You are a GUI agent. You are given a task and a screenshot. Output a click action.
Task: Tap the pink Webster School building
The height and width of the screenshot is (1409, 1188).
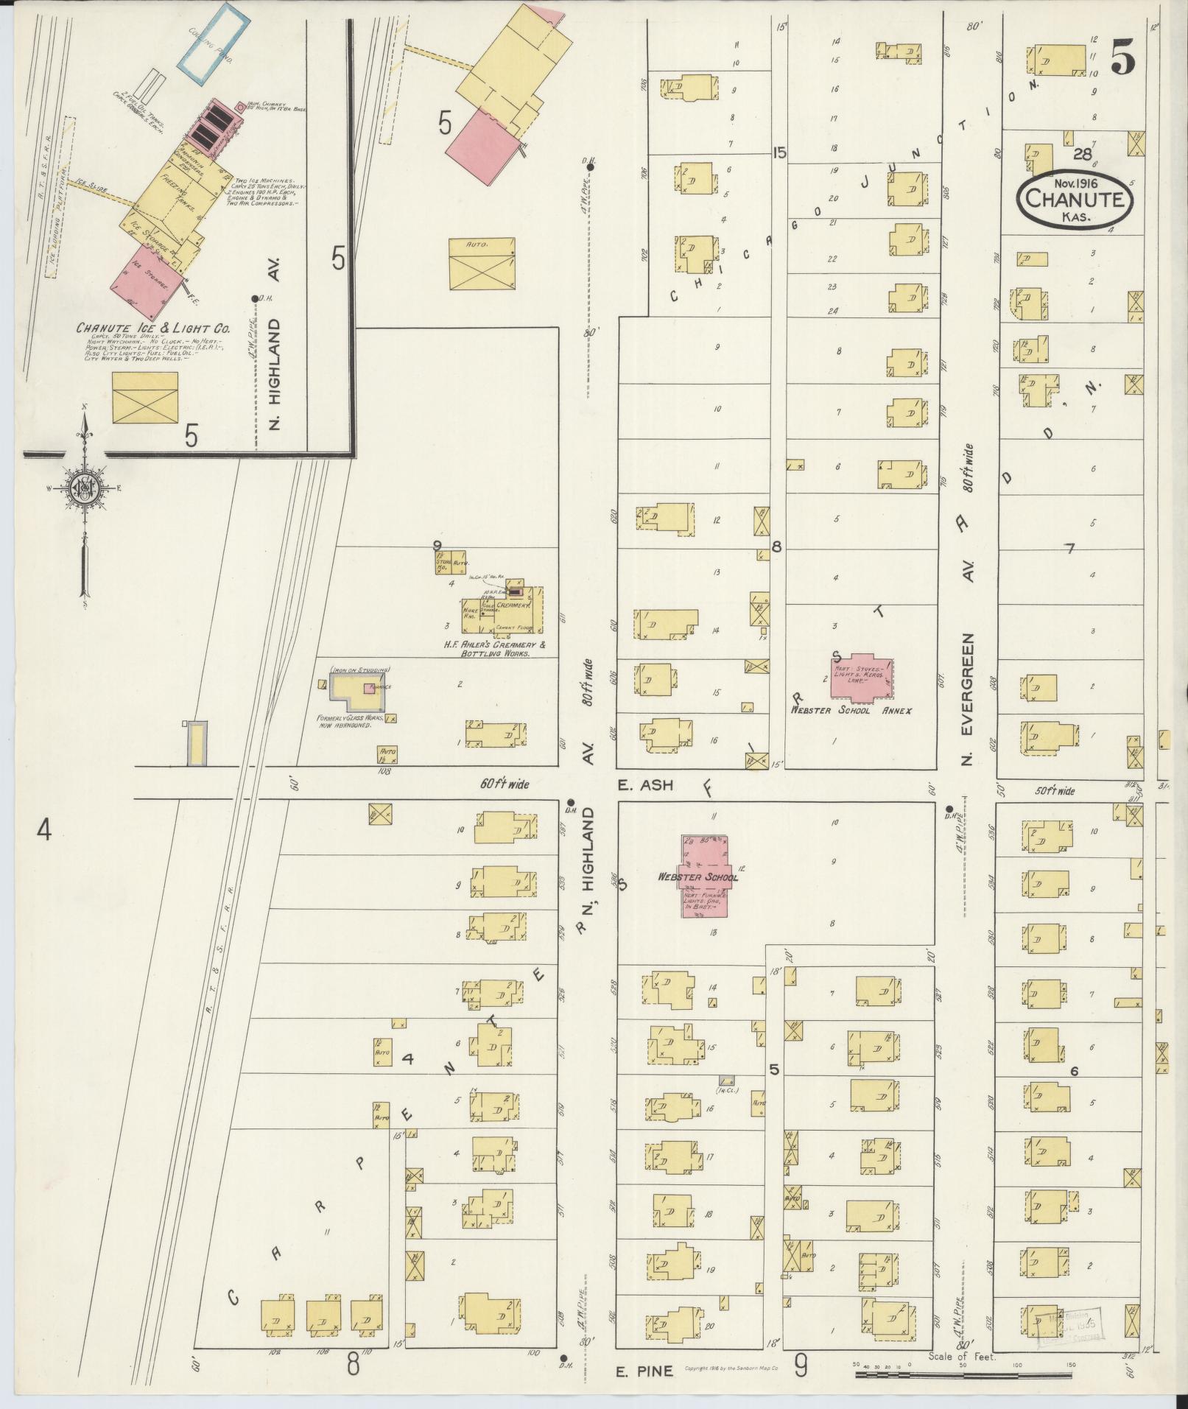click(704, 876)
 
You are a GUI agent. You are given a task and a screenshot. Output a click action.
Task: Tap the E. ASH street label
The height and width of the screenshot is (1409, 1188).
click(645, 785)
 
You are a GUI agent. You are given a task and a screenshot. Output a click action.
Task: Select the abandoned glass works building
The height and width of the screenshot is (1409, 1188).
click(357, 688)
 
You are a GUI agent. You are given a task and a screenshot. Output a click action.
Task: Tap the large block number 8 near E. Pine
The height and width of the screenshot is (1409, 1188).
click(353, 1365)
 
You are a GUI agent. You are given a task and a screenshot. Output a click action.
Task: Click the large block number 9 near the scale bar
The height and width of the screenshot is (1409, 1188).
click(801, 1366)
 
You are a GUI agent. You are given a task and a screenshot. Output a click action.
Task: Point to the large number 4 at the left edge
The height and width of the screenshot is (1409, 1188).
click(44, 831)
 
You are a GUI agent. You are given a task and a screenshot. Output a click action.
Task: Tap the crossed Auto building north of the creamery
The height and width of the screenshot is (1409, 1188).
click(482, 264)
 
